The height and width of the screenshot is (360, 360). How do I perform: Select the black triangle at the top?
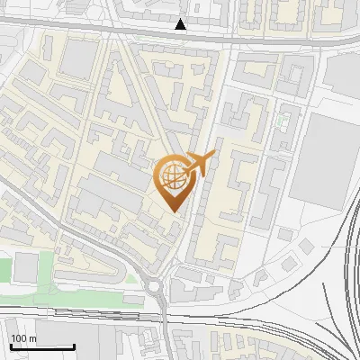[x=182, y=24]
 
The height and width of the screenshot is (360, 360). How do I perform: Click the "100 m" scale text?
[x=22, y=338]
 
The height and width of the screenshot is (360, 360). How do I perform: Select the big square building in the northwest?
[x=80, y=58]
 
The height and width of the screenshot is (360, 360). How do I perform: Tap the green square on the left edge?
[x=5, y=268]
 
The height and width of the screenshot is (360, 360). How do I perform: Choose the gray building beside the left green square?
[x=27, y=266]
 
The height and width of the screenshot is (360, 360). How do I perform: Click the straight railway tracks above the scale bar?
[x=90, y=315]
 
